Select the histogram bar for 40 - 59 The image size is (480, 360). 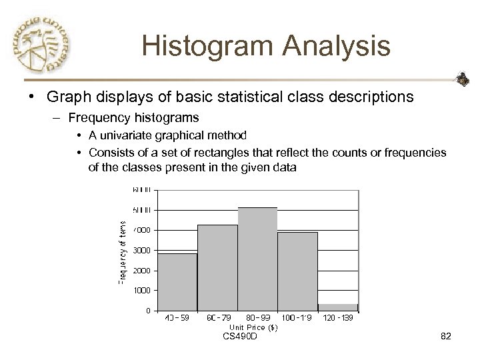click(x=177, y=282)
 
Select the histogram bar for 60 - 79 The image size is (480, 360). click(x=217, y=267)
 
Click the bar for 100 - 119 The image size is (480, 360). click(x=297, y=271)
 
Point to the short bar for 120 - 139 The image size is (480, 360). click(x=338, y=307)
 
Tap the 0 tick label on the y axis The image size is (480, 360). click(x=147, y=311)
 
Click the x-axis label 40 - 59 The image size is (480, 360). click(x=177, y=319)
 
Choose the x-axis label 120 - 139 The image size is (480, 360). click(x=338, y=319)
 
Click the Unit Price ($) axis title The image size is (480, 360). click(x=254, y=327)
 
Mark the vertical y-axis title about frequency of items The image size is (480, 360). click(x=123, y=253)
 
